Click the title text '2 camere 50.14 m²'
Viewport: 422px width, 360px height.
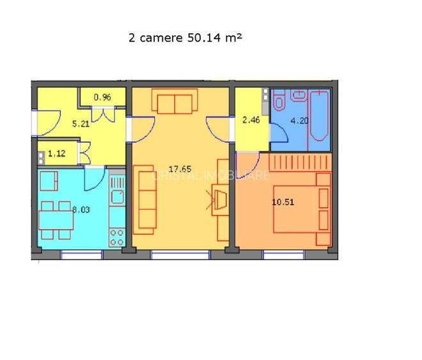coord(185,38)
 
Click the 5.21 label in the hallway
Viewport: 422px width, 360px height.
coord(63,124)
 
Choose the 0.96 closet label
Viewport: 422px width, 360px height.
coord(102,97)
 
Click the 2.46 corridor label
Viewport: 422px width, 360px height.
coord(250,119)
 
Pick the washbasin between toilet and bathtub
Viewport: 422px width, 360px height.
coord(299,96)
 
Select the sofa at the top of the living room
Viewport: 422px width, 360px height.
coord(174,102)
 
